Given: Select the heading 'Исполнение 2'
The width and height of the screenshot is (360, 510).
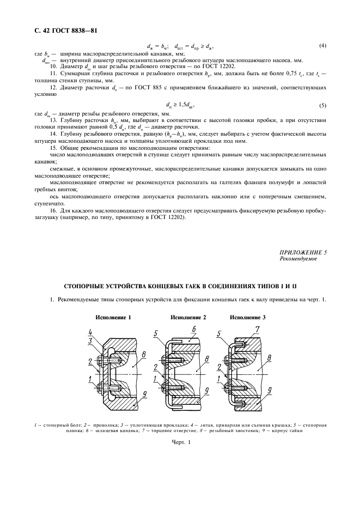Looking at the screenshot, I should click(x=188, y=317).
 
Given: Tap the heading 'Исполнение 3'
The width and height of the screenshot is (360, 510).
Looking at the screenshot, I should click(x=248, y=317).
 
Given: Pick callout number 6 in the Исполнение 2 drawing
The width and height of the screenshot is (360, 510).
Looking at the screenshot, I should click(x=193, y=330).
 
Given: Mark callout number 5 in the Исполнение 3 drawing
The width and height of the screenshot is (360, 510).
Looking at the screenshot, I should click(x=218, y=333).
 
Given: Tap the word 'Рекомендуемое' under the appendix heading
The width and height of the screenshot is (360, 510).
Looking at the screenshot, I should click(x=298, y=259).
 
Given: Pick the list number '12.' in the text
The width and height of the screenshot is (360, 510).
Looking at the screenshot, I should click(x=53, y=87).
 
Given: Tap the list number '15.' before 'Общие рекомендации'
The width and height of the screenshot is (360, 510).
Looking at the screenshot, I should click(x=53, y=148).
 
